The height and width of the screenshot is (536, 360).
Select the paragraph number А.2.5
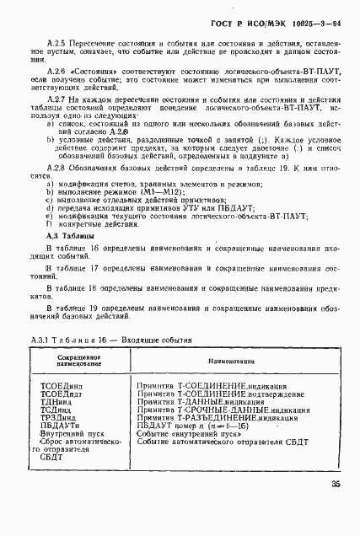coord(56,40)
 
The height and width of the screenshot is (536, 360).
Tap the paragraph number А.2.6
coord(56,71)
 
